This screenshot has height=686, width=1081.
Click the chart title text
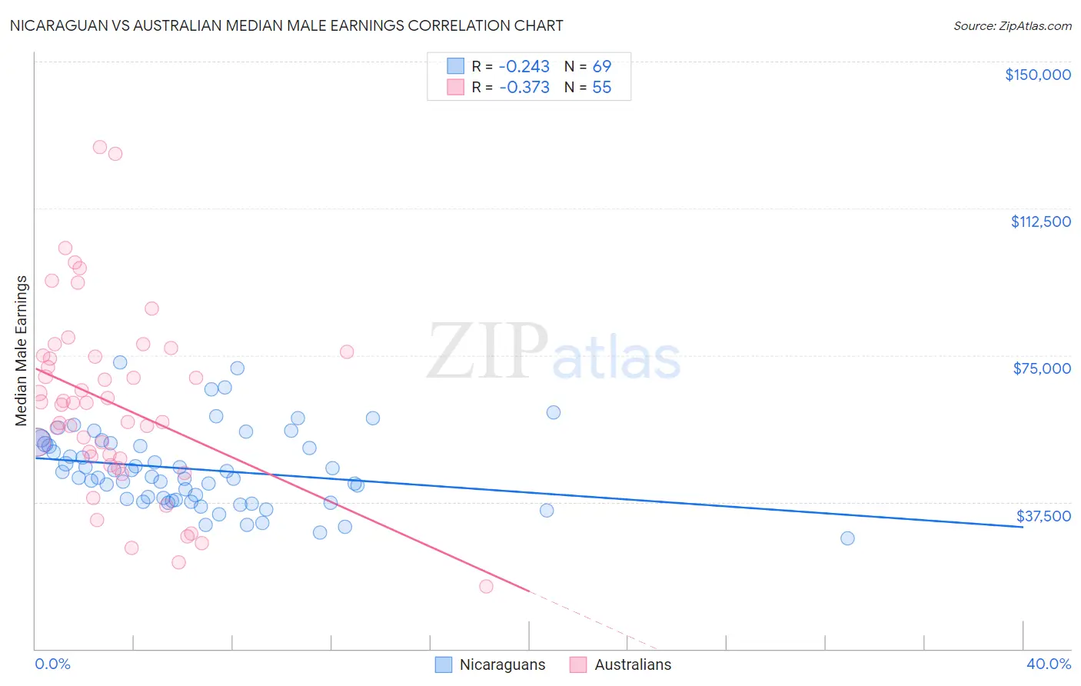pyautogui.click(x=286, y=25)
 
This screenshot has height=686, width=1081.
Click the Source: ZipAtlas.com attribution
pyautogui.click(x=1012, y=25)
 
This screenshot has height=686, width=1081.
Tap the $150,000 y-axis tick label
pyautogui.click(x=1037, y=75)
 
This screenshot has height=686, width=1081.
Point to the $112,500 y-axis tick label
pyautogui.click(x=1040, y=221)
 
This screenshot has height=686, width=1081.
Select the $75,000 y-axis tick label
pyautogui.click(x=1042, y=368)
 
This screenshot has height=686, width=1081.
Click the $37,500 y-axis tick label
pyautogui.click(x=1043, y=516)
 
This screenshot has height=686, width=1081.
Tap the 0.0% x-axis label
pyautogui.click(x=52, y=664)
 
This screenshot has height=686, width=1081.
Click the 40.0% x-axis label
pyautogui.click(x=1048, y=664)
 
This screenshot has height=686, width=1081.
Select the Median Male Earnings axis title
pyautogui.click(x=22, y=351)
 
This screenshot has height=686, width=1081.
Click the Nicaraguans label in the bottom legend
pyautogui.click(x=502, y=665)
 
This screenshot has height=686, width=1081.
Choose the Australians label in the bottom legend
pyautogui.click(x=633, y=665)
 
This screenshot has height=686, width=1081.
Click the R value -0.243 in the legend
pyautogui.click(x=524, y=67)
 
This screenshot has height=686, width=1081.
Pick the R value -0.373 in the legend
pyautogui.click(x=524, y=88)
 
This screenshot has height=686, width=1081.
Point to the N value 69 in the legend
pyautogui.click(x=602, y=67)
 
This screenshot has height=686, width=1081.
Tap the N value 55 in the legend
pyautogui.click(x=602, y=88)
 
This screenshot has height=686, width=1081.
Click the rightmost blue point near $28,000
pyautogui.click(x=847, y=538)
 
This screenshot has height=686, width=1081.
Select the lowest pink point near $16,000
pyautogui.click(x=486, y=587)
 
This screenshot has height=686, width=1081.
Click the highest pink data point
pyautogui.click(x=100, y=147)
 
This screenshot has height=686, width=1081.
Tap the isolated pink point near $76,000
pyautogui.click(x=347, y=351)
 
